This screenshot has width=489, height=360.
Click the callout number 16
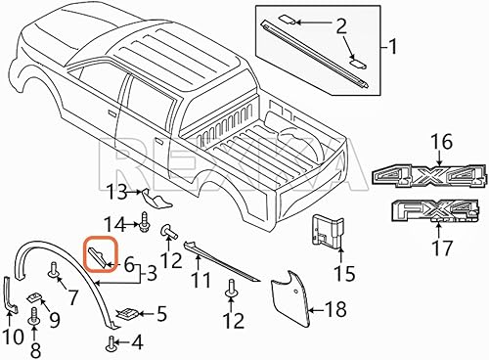(440, 143)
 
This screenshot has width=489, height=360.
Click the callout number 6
(128, 262)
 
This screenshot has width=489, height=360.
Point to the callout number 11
(200, 280)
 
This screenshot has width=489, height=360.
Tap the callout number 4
(137, 343)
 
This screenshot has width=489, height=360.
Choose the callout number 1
(394, 45)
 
